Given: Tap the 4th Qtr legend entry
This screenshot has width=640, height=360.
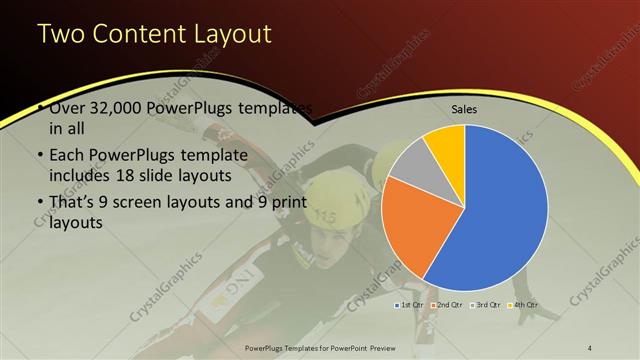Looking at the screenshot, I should coord(524,303).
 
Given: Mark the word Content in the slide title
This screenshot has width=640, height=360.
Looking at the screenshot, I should coord(136,34).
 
